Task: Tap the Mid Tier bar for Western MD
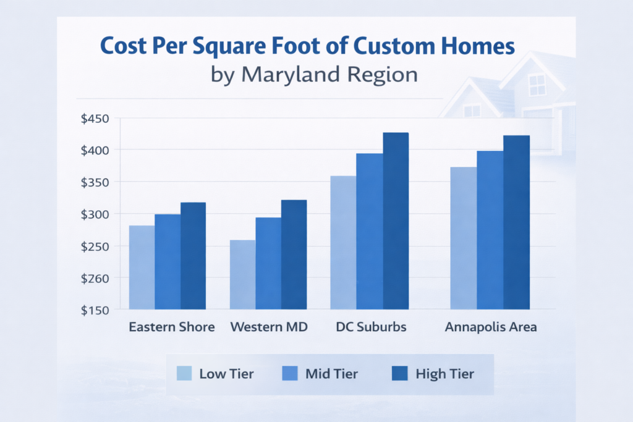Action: pos(268,263)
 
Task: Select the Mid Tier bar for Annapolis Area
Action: pos(490,229)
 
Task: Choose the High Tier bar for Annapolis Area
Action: pos(517,222)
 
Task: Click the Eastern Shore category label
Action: pos(172,327)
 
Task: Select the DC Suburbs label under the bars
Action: pos(371,327)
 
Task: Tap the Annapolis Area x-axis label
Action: pos(491,327)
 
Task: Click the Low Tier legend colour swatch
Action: pos(184,374)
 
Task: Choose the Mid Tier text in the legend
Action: pos(331,374)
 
